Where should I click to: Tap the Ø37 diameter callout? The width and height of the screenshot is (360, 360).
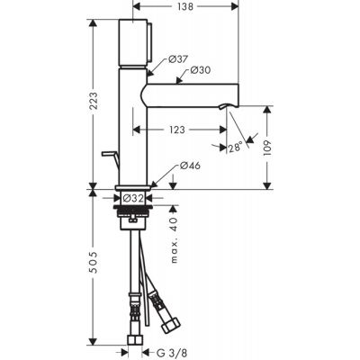177,59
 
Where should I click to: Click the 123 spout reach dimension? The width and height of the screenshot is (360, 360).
176,130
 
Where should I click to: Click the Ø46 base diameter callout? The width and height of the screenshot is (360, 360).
189,166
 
